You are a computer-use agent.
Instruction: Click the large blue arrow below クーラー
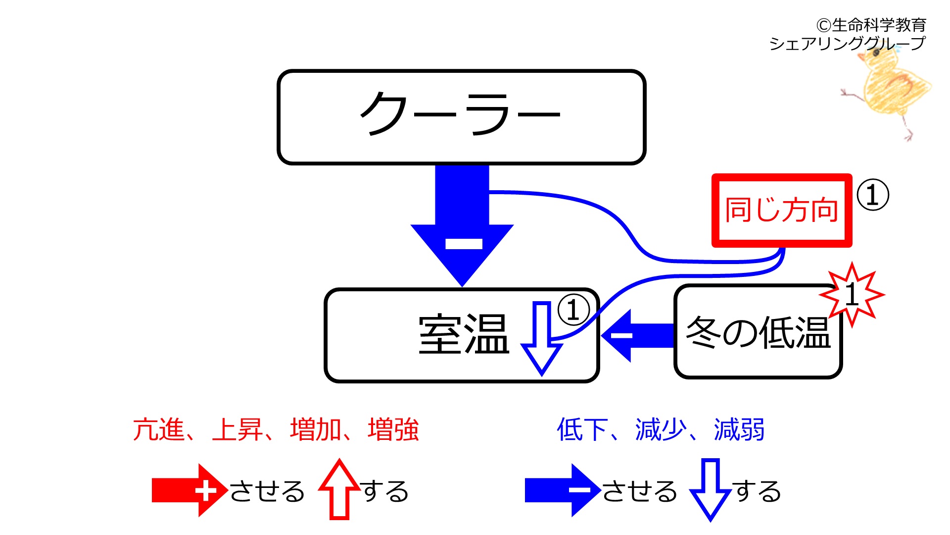pos(462,225)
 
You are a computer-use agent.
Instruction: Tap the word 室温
pos(464,335)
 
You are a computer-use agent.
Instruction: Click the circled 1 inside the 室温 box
pos(573,310)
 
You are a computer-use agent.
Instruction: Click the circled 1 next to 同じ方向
pos(873,195)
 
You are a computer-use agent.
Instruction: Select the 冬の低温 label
pos(758,332)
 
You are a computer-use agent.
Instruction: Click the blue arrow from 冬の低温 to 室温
pos(637,336)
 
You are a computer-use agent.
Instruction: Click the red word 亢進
pos(158,429)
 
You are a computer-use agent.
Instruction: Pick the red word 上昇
pos(237,429)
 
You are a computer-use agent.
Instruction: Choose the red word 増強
pos(393,429)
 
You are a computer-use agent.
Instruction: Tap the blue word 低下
pos(582,429)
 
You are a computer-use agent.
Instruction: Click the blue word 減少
pos(661,429)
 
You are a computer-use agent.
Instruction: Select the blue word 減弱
pos(739,429)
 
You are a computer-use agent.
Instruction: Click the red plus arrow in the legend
pos(190,490)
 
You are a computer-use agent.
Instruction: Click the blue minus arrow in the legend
pos(563,490)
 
